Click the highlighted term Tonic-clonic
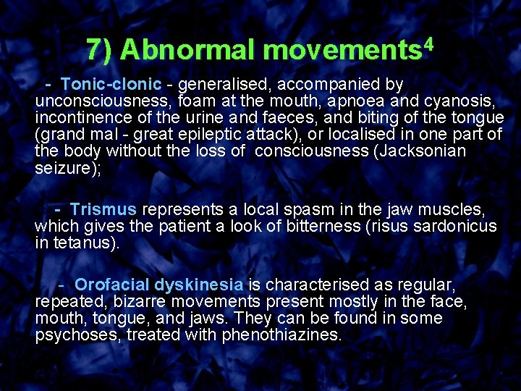[x=110, y=85]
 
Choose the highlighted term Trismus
[x=103, y=209]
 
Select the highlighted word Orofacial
[x=111, y=285]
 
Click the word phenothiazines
[x=281, y=335]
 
